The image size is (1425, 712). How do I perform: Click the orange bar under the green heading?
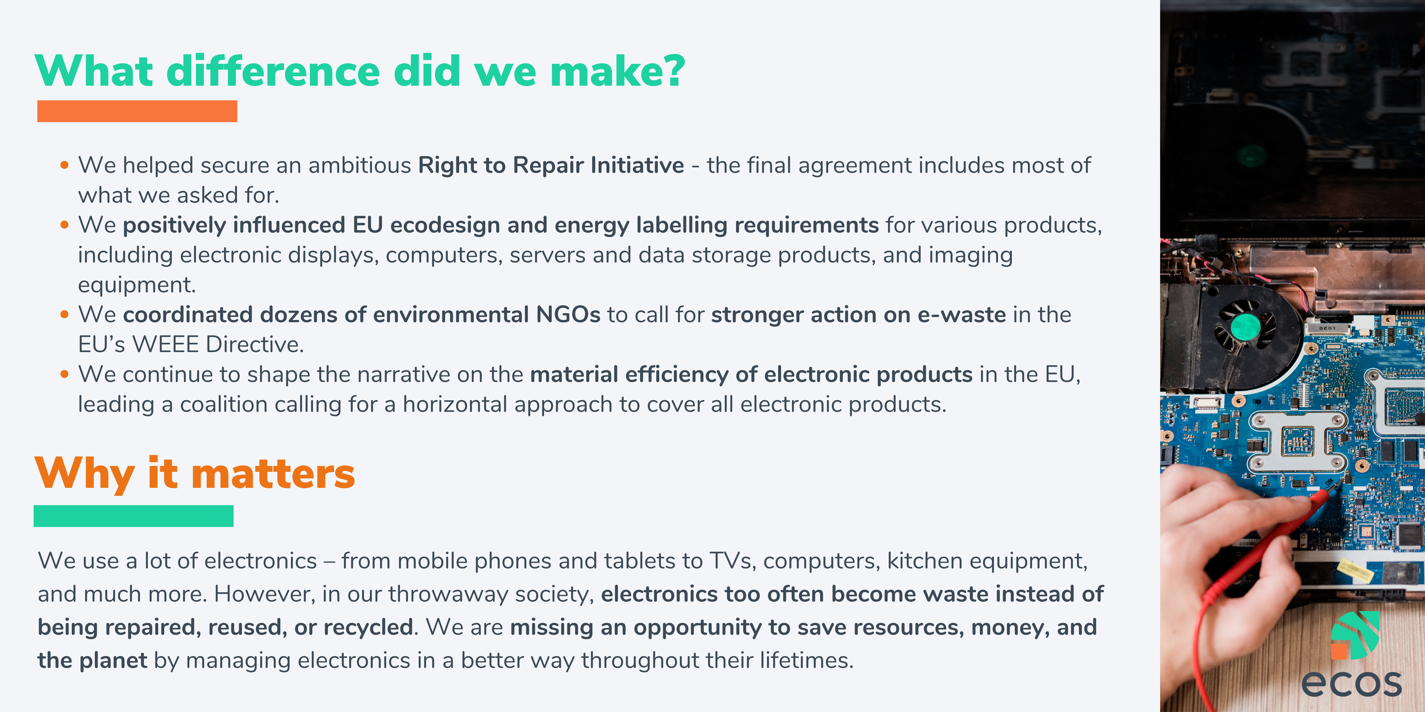137,111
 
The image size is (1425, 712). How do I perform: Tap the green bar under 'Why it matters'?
133,516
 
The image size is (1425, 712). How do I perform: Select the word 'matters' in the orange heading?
273,474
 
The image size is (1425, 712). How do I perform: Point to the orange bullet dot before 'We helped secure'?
65,165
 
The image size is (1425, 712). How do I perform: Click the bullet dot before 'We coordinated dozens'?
65,315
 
